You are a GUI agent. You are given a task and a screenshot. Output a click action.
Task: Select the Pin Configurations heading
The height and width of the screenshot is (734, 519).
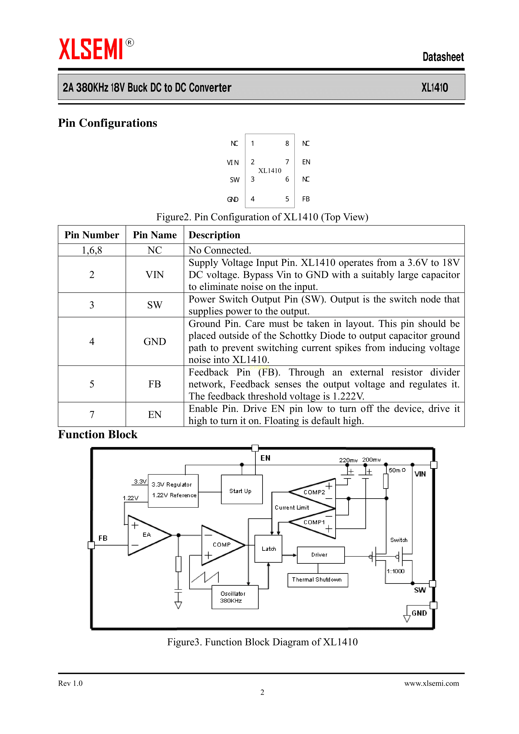[x=107, y=123]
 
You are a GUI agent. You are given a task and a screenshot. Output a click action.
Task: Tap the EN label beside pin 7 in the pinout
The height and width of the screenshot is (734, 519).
[x=306, y=162]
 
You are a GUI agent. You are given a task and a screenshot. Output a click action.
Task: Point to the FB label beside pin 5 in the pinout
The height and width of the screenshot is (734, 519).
[x=306, y=199]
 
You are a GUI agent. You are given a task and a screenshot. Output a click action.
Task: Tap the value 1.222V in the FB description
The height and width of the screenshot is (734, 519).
[x=348, y=396]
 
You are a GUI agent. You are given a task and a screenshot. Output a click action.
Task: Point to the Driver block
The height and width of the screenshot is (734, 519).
[x=320, y=555]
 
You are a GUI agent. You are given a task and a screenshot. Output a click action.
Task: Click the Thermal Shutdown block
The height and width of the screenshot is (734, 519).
[x=317, y=580]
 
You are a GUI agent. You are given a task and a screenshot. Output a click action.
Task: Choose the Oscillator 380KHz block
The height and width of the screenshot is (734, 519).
[x=235, y=597]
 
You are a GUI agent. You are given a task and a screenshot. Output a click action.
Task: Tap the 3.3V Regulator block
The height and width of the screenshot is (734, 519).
[x=173, y=490]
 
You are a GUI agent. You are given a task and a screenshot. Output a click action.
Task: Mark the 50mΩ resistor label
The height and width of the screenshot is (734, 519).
[x=397, y=470]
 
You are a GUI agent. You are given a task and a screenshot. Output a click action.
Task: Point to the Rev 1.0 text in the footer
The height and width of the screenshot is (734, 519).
[x=70, y=683]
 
